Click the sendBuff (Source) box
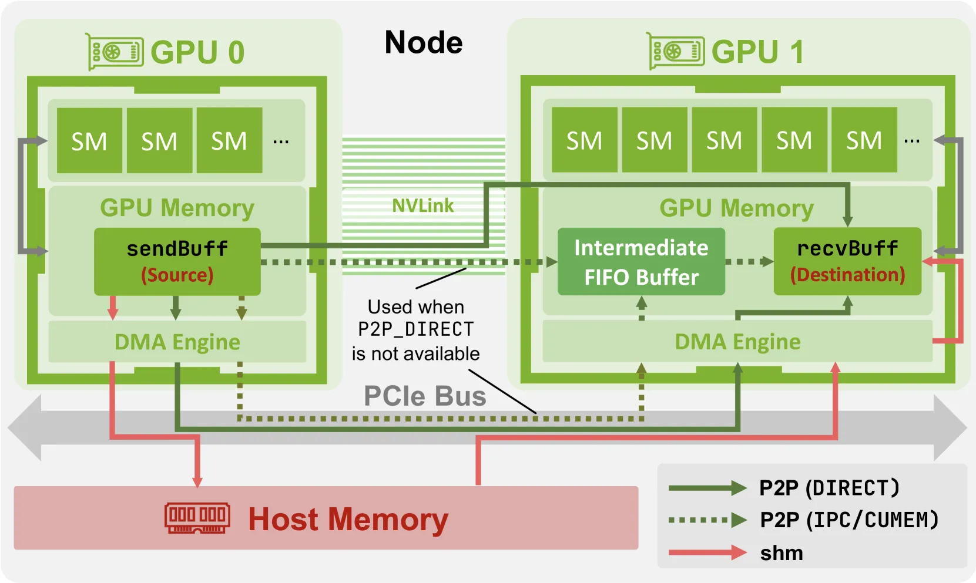(x=177, y=261)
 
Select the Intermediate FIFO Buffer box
(x=642, y=261)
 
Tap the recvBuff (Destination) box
(x=847, y=261)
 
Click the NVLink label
(x=422, y=205)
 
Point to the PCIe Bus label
(x=425, y=396)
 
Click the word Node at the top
(x=424, y=42)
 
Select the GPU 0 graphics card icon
(x=114, y=52)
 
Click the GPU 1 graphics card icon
(x=675, y=51)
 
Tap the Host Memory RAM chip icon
(x=197, y=518)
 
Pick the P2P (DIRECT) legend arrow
(x=707, y=488)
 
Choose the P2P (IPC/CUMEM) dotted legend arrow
(x=707, y=520)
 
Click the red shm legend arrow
(x=707, y=552)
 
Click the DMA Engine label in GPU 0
(x=177, y=342)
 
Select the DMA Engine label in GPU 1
(x=737, y=342)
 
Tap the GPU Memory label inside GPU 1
(x=736, y=208)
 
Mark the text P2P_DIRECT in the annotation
(x=415, y=329)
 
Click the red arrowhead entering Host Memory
(x=197, y=481)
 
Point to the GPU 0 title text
(x=197, y=52)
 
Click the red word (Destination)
(x=847, y=275)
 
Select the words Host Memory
(x=348, y=519)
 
